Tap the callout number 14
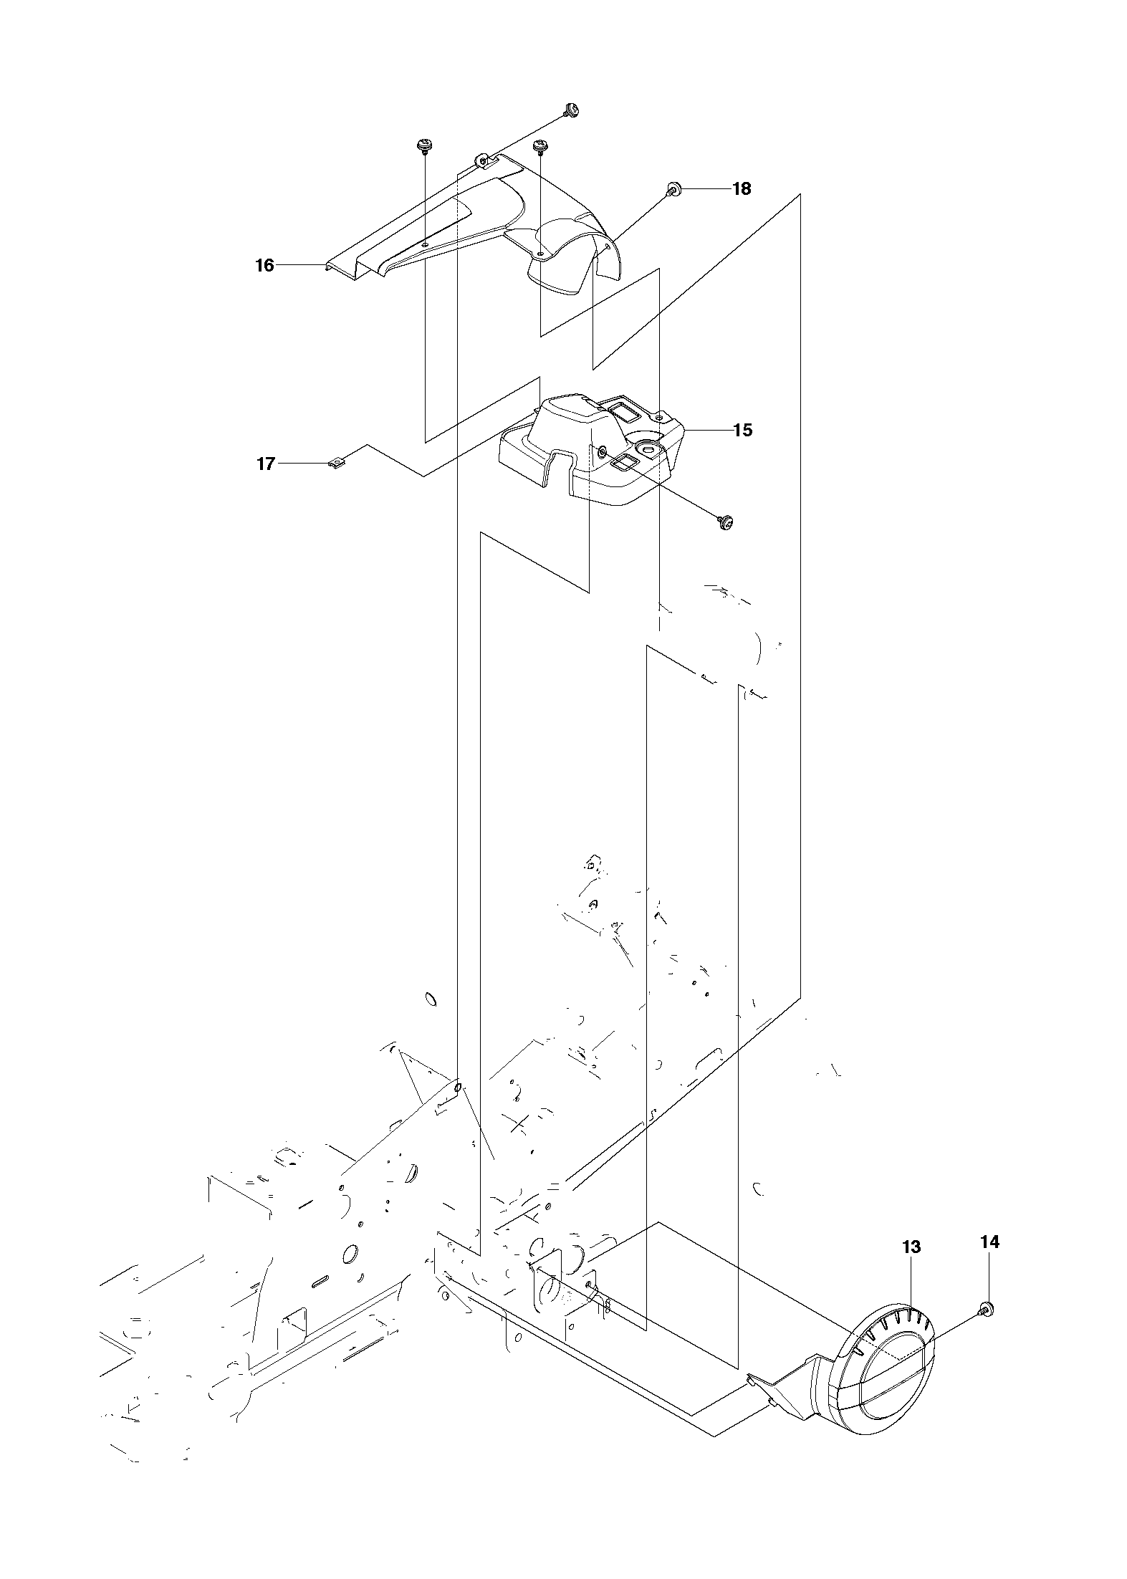tap(989, 1242)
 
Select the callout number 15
tap(743, 430)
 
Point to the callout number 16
tap(264, 265)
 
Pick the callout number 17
tap(265, 464)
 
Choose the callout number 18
tap(742, 188)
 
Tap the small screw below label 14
tap(986, 1310)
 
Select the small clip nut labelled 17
tap(336, 464)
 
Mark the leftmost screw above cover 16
tap(424, 145)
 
